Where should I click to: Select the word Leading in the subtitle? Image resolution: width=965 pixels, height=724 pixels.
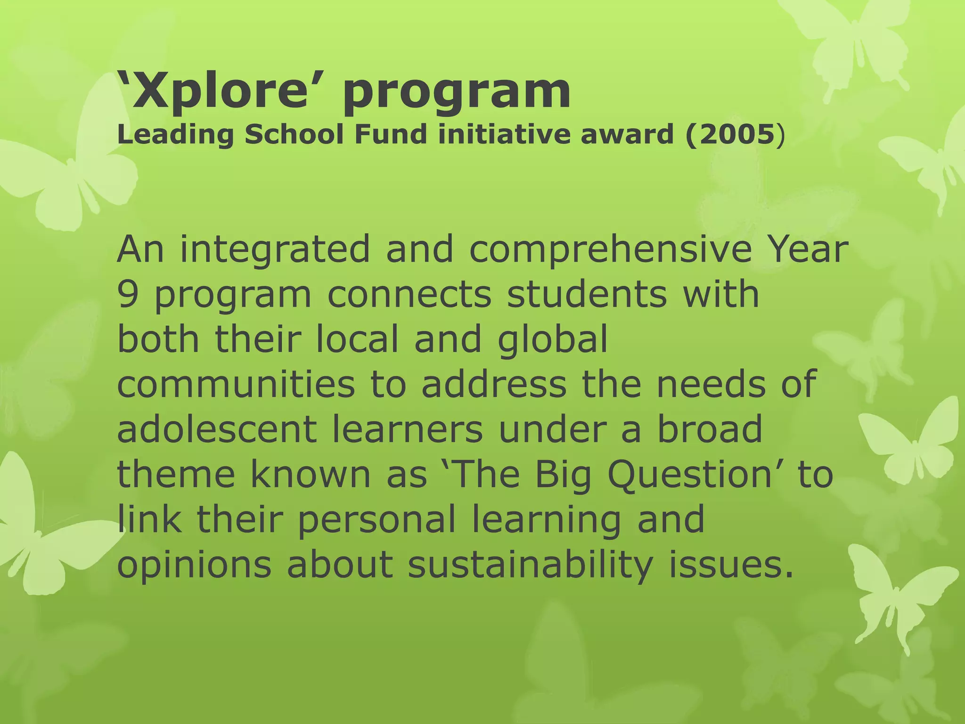pyautogui.click(x=175, y=136)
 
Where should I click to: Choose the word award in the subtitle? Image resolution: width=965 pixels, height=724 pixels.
pyautogui.click(x=628, y=135)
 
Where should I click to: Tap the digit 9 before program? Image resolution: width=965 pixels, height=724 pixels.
pyautogui.click(x=127, y=295)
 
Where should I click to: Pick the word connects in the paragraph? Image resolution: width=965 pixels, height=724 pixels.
pyautogui.click(x=409, y=295)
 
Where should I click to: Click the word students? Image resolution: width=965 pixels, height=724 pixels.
pyautogui.click(x=587, y=295)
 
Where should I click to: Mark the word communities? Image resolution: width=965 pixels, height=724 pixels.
pyautogui.click(x=236, y=385)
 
